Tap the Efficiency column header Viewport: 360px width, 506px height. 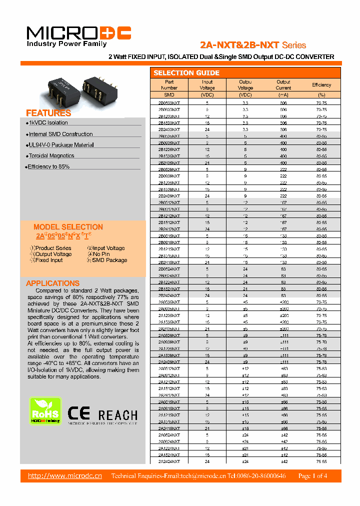pyautogui.click(x=321, y=85)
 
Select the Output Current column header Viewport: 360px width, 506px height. pyautogui.click(x=283, y=85)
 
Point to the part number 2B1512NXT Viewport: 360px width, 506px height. pyautogui.click(x=169, y=222)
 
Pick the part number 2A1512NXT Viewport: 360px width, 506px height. pyautogui.click(x=169, y=388)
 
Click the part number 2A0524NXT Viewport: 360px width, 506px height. pyautogui.click(x=169, y=434)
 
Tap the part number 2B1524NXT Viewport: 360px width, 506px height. pyautogui.click(x=169, y=288)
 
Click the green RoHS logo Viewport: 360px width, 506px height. pyautogui.click(x=45, y=411)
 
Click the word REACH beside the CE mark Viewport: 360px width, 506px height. pyautogui.click(x=117, y=415)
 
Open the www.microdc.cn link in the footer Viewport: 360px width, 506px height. pyautogui.click(x=65, y=475)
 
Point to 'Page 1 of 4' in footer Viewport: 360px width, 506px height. pyautogui.click(x=312, y=476)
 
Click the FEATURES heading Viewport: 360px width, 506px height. pyautogui.click(x=48, y=113)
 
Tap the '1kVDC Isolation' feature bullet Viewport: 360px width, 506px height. pyautogui.click(x=47, y=122)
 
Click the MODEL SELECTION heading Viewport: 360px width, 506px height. pyautogui.click(x=68, y=226)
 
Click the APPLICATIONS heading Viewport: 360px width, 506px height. pyautogui.click(x=52, y=283)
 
